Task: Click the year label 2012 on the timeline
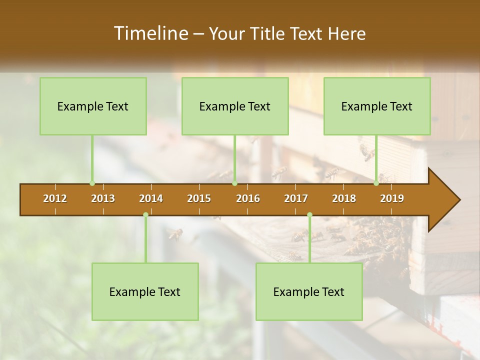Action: [55, 198]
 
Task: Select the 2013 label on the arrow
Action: [103, 198]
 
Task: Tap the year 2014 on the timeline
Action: [151, 198]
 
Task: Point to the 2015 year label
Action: [199, 198]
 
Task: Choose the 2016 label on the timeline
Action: [248, 198]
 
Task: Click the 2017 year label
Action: [296, 198]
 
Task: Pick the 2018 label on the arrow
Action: [344, 198]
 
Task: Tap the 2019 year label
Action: [392, 198]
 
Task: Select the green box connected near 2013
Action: [93, 106]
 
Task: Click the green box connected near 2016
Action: [235, 106]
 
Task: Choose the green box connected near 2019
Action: [377, 106]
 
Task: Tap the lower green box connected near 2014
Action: [145, 291]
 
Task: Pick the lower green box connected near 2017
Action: [309, 291]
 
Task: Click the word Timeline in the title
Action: [150, 33]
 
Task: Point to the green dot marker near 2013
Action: [92, 183]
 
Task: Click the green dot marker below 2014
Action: [145, 215]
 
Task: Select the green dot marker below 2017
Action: [309, 215]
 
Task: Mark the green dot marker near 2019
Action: [376, 183]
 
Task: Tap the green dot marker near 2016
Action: [234, 183]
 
